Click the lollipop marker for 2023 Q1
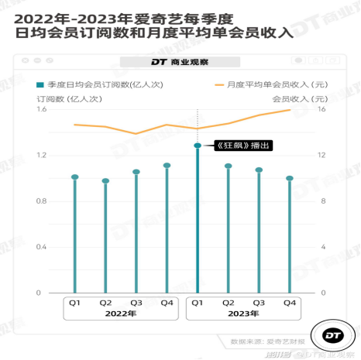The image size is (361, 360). pos(198,145)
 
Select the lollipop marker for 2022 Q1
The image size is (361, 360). pos(75,177)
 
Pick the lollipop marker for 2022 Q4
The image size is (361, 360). pos(167,165)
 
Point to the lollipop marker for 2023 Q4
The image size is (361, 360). pos(290,178)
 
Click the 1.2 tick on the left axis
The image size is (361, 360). pos(42,155)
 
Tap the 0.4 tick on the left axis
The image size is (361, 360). pos(42,247)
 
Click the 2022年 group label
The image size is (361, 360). pos(121,314)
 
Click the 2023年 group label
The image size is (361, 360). pos(243,314)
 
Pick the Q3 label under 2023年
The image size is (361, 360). pos(259,303)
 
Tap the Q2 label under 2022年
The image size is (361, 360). pos(105,303)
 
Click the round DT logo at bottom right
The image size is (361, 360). pos(335,335)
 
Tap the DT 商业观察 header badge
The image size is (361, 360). pos(180,61)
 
